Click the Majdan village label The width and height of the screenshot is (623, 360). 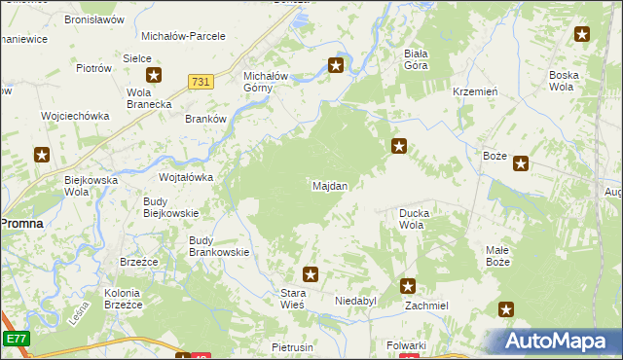(330, 185)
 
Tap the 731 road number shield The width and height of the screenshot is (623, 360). (202, 82)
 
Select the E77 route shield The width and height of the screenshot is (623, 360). (15, 339)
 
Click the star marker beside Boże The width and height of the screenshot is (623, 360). (521, 163)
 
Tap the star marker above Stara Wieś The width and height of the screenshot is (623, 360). (310, 275)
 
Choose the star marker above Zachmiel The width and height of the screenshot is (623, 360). (408, 286)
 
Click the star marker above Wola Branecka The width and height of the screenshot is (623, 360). (154, 75)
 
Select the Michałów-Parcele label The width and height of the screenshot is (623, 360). (183, 36)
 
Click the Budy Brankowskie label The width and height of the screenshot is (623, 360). (219, 245)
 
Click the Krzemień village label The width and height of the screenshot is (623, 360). (476, 90)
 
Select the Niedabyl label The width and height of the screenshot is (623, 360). (355, 302)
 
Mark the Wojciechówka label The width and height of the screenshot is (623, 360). (75, 116)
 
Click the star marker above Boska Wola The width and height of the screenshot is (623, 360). (582, 35)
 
